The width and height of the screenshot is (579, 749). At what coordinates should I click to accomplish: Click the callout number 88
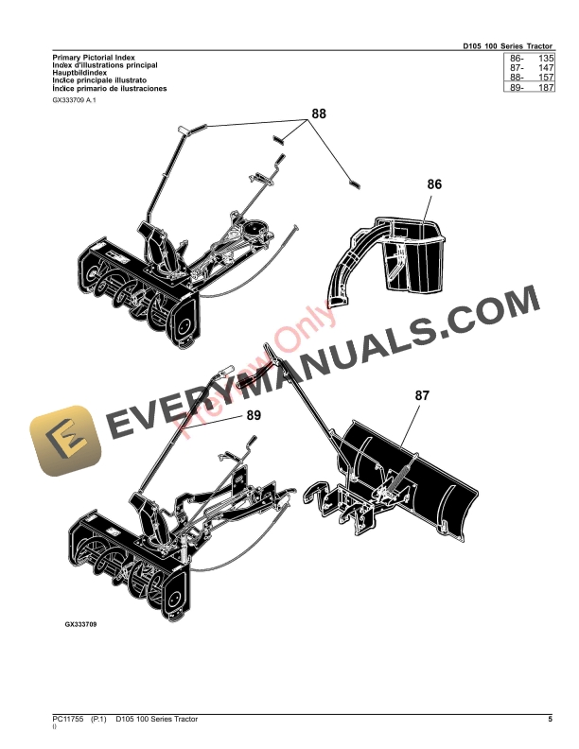click(x=318, y=113)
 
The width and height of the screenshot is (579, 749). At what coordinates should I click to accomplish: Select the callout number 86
click(x=434, y=185)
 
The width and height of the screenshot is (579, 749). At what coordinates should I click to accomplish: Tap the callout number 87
click(x=421, y=398)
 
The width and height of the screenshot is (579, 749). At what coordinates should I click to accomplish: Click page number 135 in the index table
click(x=543, y=59)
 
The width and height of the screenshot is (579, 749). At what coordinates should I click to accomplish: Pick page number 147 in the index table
click(x=543, y=68)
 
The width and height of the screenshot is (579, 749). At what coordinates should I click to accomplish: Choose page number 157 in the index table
click(x=543, y=78)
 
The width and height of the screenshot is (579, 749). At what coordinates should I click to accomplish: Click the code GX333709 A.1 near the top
click(x=75, y=99)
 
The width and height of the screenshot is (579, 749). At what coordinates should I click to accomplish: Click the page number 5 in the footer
click(x=550, y=722)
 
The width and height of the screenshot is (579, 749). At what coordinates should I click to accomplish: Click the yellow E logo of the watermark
click(x=62, y=442)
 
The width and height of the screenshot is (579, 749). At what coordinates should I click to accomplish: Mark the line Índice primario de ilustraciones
click(x=110, y=88)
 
